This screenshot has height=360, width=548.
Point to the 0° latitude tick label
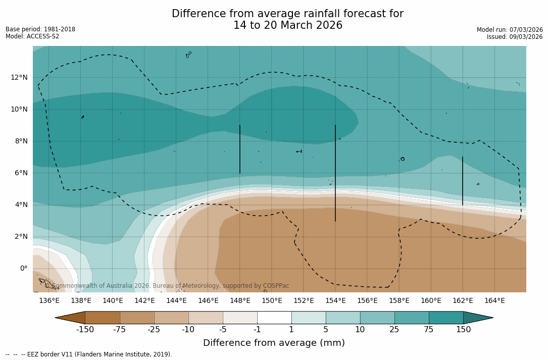point(24,268)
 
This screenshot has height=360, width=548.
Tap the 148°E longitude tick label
point(240,301)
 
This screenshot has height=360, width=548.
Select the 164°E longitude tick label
point(494,301)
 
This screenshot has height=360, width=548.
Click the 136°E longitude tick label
point(49,301)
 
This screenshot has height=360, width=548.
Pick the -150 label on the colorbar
point(85,330)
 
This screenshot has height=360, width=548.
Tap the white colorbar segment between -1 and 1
point(274,318)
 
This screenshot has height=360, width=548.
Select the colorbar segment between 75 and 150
point(446,318)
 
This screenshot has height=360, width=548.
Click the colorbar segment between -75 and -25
point(137,318)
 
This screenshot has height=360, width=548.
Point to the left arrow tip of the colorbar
point(56,318)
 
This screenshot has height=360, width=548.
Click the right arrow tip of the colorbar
point(492,318)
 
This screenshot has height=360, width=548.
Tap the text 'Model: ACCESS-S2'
point(32,36)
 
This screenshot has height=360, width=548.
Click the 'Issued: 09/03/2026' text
point(515,37)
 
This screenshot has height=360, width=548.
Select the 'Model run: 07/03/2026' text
point(510,30)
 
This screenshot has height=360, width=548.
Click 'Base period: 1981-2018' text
point(40,29)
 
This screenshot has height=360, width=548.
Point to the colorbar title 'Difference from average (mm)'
point(274,343)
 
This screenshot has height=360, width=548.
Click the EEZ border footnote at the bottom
point(89,354)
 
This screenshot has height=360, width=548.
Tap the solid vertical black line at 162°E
point(462,181)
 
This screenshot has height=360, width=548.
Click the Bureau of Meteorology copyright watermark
point(167,286)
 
